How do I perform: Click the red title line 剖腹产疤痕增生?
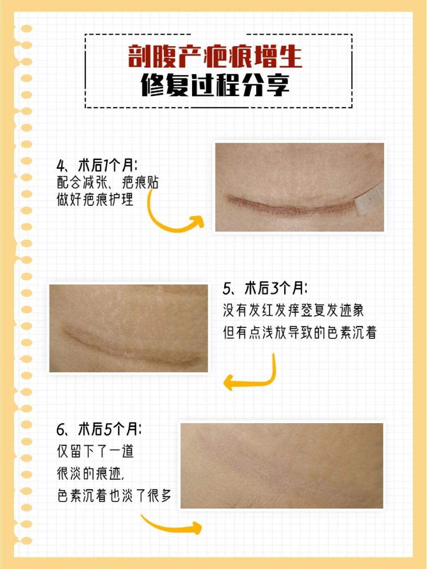click(215, 56)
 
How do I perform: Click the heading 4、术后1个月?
click(97, 166)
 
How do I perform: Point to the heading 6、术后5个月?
click(99, 429)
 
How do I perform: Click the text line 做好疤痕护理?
click(95, 200)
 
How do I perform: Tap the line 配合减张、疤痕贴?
click(108, 183)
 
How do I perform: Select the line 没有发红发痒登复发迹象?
click(294, 310)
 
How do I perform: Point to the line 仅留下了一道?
click(95, 451)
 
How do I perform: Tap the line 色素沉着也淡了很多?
click(114, 495)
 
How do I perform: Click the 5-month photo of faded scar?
click(282, 465)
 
